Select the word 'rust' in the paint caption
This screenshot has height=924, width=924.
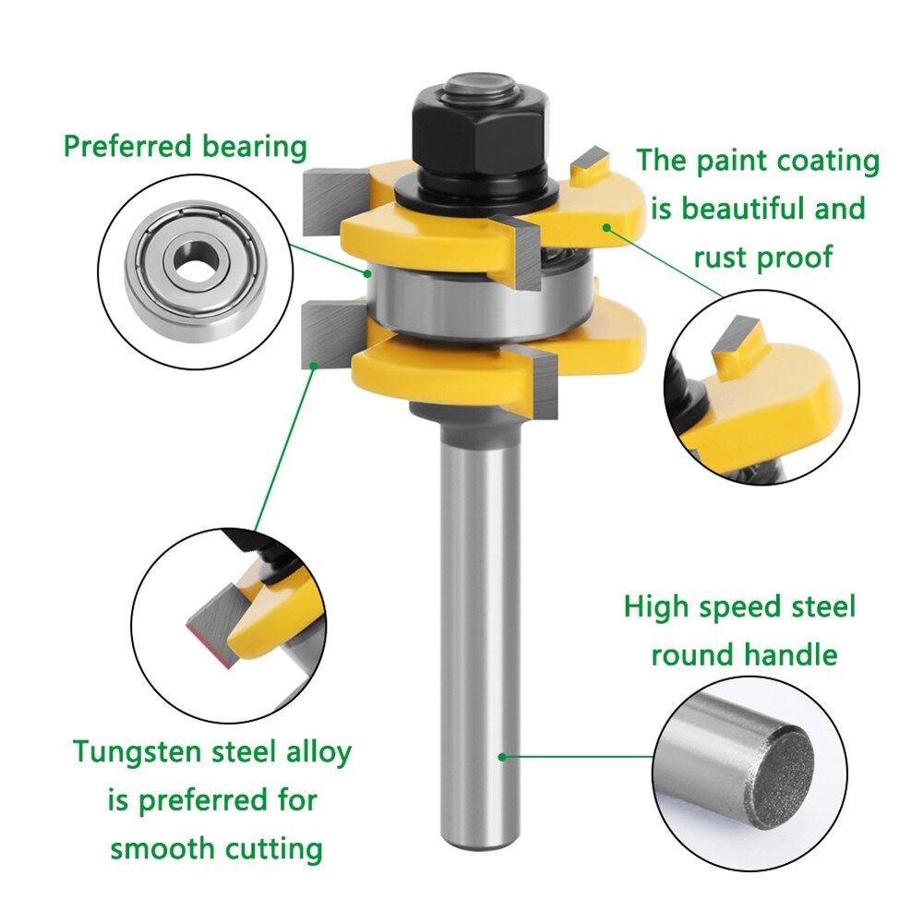pyautogui.click(x=725, y=257)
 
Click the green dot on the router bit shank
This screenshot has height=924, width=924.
pyautogui.click(x=502, y=757)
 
